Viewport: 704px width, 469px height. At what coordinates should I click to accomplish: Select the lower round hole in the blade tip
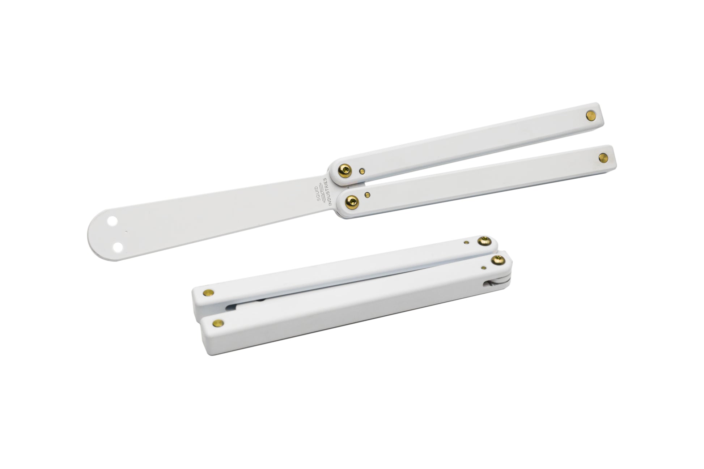coord(117,247)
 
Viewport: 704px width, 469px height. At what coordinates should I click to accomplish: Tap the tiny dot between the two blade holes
coord(126,231)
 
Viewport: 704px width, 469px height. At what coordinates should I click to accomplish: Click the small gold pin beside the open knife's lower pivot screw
coord(368,195)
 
